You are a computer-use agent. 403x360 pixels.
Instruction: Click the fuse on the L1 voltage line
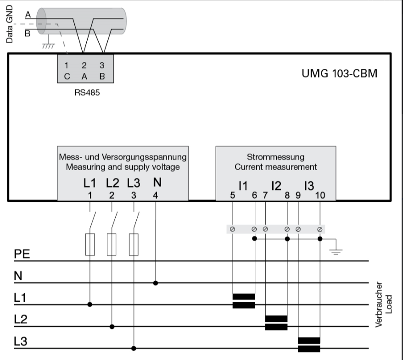90,244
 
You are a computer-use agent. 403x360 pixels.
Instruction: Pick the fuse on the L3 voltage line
134,244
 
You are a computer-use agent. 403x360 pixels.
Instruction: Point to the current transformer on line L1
244,301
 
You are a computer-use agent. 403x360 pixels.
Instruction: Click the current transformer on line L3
309,345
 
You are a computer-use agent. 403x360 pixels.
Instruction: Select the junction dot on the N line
156,283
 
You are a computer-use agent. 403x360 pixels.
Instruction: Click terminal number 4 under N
156,195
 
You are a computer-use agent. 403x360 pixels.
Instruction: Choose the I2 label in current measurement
276,185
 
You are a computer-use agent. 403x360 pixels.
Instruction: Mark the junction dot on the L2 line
112,327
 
